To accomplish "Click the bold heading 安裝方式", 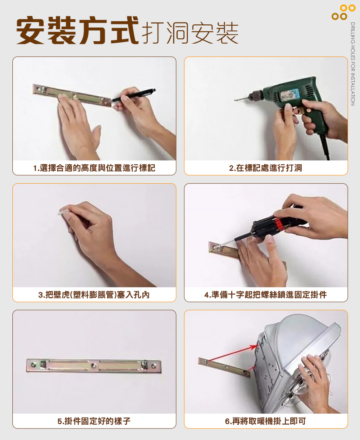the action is pyautogui.click(x=78, y=30).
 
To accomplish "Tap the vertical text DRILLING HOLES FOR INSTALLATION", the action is pyautogui.click(x=353, y=64).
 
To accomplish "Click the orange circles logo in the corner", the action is pyautogui.click(x=344, y=12).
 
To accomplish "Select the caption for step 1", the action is pyautogui.click(x=94, y=168).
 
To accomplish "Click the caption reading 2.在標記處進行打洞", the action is pyautogui.click(x=266, y=168).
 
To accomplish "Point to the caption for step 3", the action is pyautogui.click(x=94, y=295).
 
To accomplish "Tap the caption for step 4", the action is pyautogui.click(x=266, y=295).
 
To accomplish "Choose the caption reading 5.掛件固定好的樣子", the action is pyautogui.click(x=94, y=421).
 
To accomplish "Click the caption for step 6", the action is pyautogui.click(x=266, y=421).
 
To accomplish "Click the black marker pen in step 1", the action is pyautogui.click(x=134, y=95).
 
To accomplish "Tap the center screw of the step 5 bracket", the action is pyautogui.click(x=94, y=365).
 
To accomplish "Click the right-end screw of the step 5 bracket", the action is pyautogui.click(x=154, y=366).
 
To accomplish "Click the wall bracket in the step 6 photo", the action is pyautogui.click(x=224, y=366).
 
